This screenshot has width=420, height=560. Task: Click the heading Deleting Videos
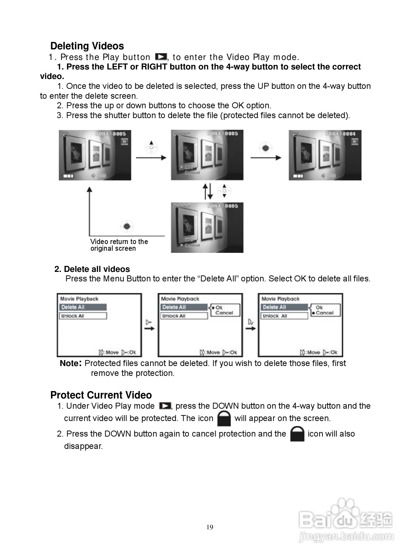(87, 46)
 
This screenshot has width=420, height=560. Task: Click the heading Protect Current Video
(101, 395)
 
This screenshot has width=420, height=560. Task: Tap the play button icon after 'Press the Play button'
(161, 57)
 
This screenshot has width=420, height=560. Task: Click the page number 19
(210, 527)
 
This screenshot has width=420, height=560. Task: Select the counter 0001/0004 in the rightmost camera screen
(340, 134)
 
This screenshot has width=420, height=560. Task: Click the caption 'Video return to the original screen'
(119, 245)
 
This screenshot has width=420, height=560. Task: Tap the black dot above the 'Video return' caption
(127, 226)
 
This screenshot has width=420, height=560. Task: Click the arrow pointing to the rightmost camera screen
(266, 157)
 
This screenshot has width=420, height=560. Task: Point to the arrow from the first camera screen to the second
(151, 157)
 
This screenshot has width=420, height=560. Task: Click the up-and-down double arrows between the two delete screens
(208, 191)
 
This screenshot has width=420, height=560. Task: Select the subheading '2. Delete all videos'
(92, 269)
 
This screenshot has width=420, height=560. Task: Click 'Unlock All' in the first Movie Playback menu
(83, 316)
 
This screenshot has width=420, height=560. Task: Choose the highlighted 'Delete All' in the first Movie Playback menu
(83, 307)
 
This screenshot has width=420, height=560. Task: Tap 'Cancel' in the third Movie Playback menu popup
(325, 313)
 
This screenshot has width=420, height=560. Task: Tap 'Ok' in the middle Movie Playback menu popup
(219, 308)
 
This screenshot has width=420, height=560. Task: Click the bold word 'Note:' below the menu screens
(71, 363)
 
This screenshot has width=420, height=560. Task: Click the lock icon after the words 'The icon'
(224, 418)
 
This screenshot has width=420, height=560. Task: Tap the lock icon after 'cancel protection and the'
(297, 434)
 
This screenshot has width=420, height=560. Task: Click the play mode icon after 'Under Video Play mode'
(165, 406)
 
